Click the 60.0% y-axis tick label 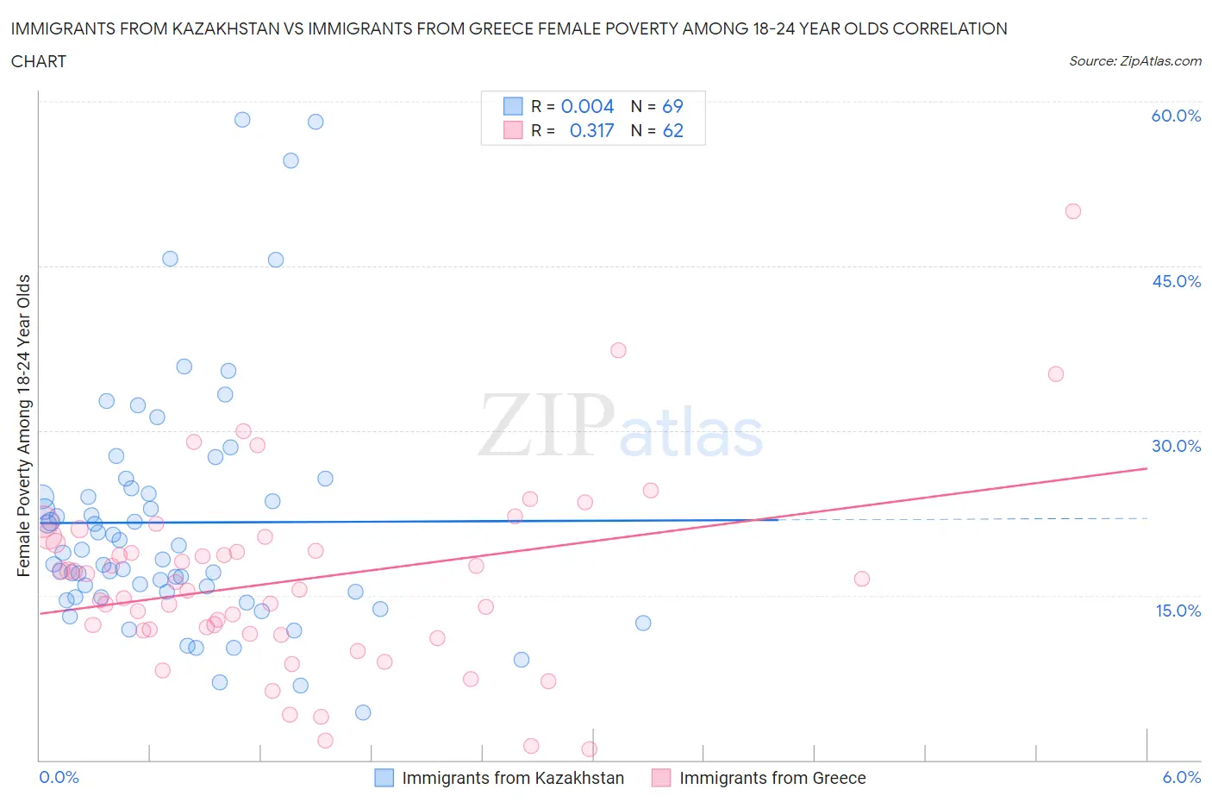[1176, 116]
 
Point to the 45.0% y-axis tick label [1176, 281]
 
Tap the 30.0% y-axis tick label [1176, 446]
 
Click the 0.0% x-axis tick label [59, 777]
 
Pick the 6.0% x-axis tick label [1181, 777]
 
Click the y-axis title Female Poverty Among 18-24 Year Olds [24, 425]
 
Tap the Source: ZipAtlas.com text [1134, 60]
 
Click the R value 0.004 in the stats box [587, 106]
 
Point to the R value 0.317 [591, 130]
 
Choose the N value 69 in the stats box [672, 106]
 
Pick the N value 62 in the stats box [672, 130]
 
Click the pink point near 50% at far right [1072, 211]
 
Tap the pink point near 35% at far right [1055, 374]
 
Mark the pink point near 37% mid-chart [618, 350]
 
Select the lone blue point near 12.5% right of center [642, 623]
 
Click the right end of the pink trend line [1146, 468]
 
